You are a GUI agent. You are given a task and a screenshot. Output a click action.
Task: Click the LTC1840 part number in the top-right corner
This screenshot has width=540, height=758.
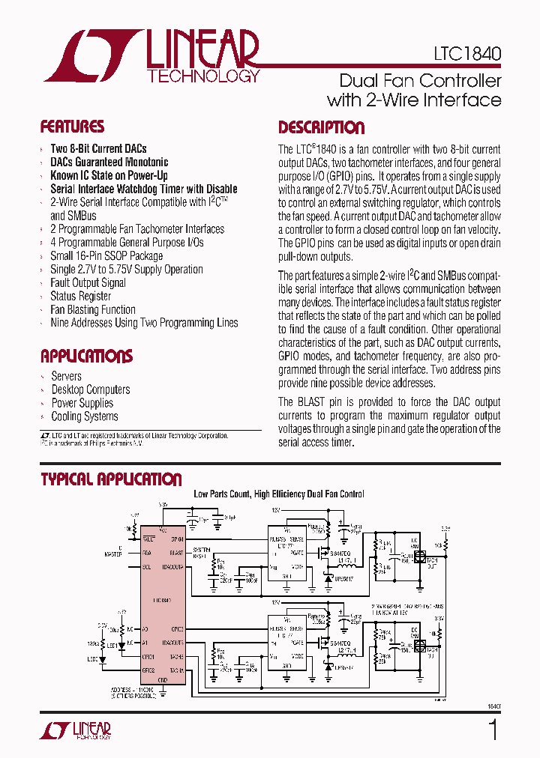pyautogui.click(x=466, y=54)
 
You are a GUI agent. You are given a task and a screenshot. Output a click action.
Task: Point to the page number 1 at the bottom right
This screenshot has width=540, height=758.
pyautogui.click(x=493, y=730)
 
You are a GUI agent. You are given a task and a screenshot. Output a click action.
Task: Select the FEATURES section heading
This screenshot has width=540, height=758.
pyautogui.click(x=72, y=127)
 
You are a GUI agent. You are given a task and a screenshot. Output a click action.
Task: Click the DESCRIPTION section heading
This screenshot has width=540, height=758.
pyautogui.click(x=321, y=127)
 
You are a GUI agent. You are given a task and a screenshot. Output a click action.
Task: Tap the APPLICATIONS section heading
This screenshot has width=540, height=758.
pyautogui.click(x=86, y=356)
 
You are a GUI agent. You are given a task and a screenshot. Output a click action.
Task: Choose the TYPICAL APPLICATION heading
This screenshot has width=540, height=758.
pyautogui.click(x=111, y=479)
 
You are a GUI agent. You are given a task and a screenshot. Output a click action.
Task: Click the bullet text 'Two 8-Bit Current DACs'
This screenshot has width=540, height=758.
pyautogui.click(x=98, y=148)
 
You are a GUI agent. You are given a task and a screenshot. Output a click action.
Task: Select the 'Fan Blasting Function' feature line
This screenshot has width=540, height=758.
pyautogui.click(x=93, y=309)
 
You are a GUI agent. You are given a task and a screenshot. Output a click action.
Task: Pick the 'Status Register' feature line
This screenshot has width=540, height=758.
pyautogui.click(x=81, y=296)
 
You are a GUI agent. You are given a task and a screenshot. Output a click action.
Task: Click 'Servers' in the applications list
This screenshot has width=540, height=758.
pyautogui.click(x=66, y=376)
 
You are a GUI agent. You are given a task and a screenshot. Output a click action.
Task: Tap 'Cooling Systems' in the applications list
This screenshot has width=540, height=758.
pyautogui.click(x=85, y=416)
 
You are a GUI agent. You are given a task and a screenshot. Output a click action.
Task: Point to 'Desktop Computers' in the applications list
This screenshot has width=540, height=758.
pyautogui.click(x=90, y=389)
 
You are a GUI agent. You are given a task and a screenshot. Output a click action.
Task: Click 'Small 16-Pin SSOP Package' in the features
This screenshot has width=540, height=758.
pyautogui.click(x=106, y=255)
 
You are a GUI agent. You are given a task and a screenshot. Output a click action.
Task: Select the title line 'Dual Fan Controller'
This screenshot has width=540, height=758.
pyautogui.click(x=420, y=80)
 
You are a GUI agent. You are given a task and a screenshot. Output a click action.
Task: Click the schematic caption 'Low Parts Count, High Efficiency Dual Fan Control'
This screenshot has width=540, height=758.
pyautogui.click(x=279, y=494)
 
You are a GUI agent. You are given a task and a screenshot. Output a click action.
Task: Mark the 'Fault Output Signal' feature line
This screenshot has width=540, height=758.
pyautogui.click(x=88, y=282)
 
